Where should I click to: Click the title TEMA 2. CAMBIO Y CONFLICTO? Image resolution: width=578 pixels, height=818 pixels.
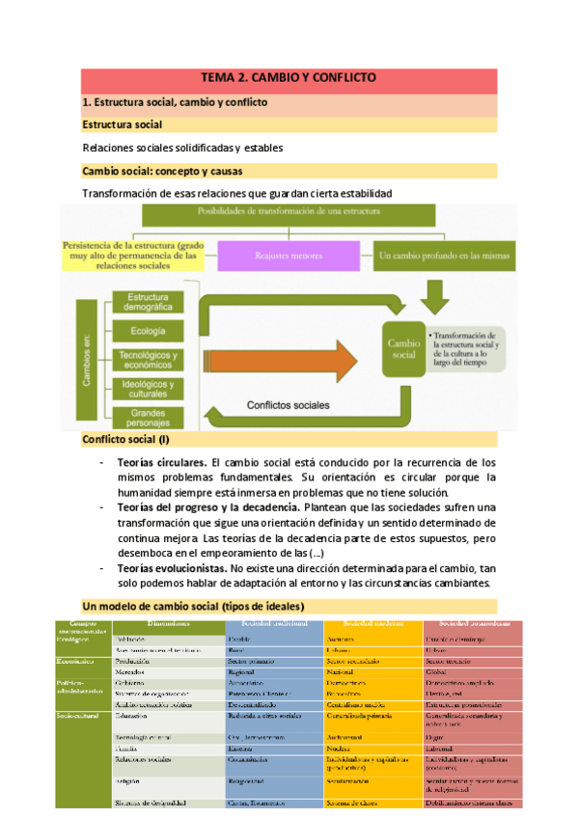pos(289,78)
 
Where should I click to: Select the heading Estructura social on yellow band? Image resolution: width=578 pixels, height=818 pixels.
pos(122,125)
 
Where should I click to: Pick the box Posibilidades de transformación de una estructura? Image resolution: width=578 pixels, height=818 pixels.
pos(288,210)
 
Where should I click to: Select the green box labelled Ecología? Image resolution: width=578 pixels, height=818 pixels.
pos(150,331)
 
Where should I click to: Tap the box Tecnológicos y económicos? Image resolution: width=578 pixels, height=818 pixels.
pos(150,360)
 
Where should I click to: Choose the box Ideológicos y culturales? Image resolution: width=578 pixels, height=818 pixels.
pos(150,389)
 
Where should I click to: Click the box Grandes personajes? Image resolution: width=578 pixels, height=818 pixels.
pos(150,418)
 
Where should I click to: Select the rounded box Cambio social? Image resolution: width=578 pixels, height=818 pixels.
pos(404,348)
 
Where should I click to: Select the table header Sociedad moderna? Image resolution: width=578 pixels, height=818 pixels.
pos(372,625)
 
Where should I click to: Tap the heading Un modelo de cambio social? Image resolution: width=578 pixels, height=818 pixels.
pos(193,605)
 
